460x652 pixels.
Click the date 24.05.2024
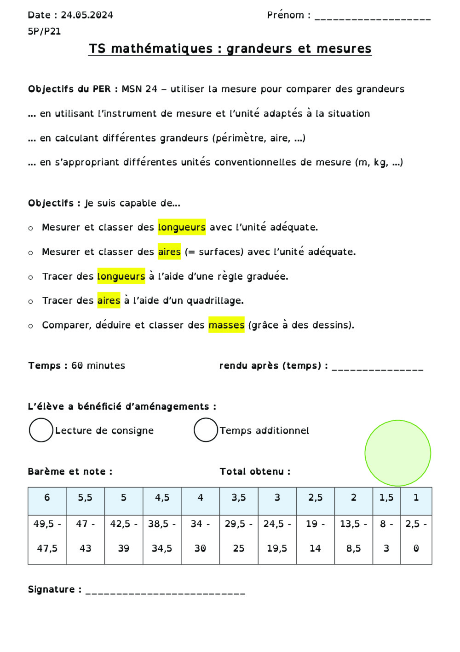(87, 15)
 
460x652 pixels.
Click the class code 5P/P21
(44, 31)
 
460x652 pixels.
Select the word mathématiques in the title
(162, 48)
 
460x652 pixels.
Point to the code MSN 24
(139, 89)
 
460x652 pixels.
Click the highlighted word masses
(226, 325)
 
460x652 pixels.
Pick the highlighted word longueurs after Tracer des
(121, 276)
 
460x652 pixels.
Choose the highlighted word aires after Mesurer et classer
(169, 252)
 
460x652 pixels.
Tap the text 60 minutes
(98, 365)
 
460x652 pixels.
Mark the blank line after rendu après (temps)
(377, 368)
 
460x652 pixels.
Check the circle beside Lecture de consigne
(41, 430)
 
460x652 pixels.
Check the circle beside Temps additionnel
(206, 430)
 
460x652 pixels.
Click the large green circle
(398, 453)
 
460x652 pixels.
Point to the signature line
(166, 592)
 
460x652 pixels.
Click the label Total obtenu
(255, 471)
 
